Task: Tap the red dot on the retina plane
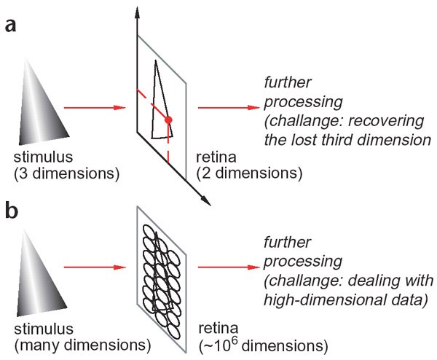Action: tap(168, 119)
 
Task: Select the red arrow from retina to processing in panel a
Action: tap(225, 108)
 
